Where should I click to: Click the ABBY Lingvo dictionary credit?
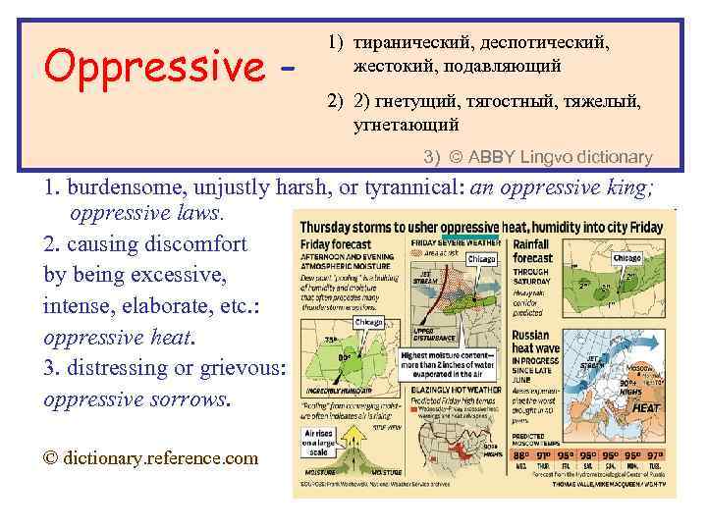coord(551,157)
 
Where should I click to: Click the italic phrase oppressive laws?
coord(147,212)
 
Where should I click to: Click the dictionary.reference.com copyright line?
coord(150,457)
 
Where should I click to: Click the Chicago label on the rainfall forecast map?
coord(627,258)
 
